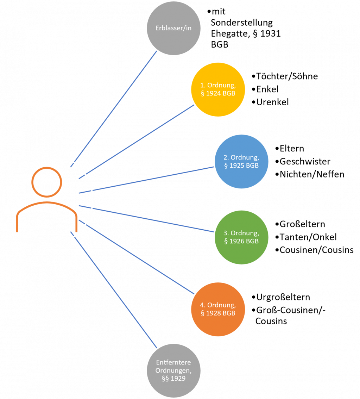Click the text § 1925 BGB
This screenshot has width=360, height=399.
241,165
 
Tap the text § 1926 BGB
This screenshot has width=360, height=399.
241,241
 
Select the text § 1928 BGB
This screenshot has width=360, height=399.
218,313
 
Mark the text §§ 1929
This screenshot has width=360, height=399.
173,378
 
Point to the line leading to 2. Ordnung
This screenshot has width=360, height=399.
146,180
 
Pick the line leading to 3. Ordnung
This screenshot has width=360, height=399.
146,218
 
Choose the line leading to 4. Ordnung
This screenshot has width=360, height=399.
137,257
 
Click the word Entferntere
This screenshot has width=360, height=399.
173,363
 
